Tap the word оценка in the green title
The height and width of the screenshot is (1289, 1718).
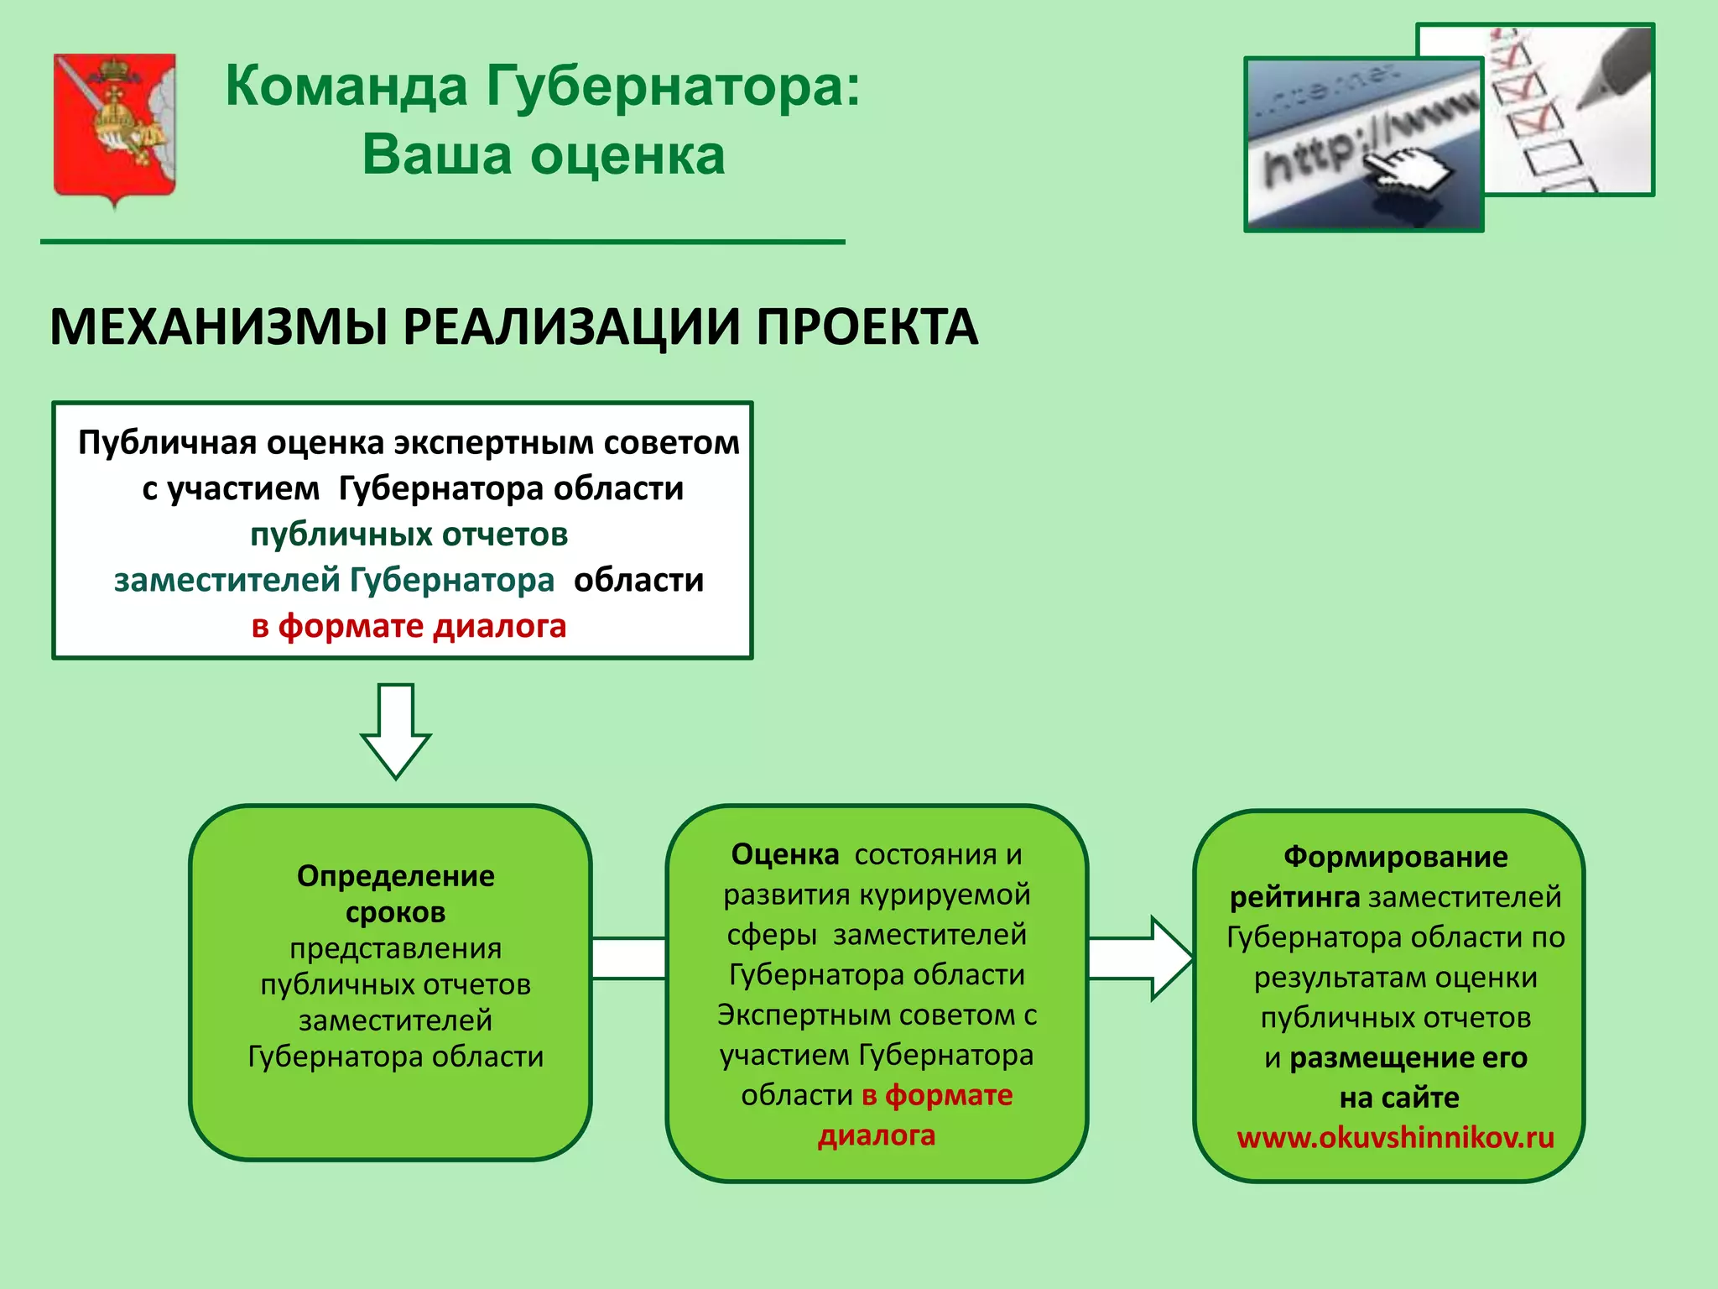pyautogui.click(x=627, y=155)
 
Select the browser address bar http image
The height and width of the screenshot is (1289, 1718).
pyautogui.click(x=1363, y=144)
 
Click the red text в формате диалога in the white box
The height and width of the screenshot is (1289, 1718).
pyautogui.click(x=409, y=626)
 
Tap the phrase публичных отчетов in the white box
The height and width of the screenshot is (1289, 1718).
pyautogui.click(x=409, y=535)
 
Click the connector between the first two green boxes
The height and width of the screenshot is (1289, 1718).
pyautogui.click(x=628, y=958)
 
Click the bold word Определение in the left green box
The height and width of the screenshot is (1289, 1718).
pyautogui.click(x=395, y=876)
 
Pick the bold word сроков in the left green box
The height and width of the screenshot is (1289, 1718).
pyautogui.click(x=395, y=912)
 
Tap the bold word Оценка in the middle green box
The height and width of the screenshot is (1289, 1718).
pyautogui.click(x=784, y=854)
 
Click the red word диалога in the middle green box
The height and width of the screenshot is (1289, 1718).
pyautogui.click(x=876, y=1135)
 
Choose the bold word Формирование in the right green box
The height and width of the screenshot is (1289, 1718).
pyautogui.click(x=1395, y=857)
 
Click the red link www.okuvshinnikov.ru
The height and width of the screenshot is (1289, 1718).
pyautogui.click(x=1395, y=1138)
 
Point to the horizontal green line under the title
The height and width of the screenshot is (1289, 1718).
pyautogui.click(x=442, y=242)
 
